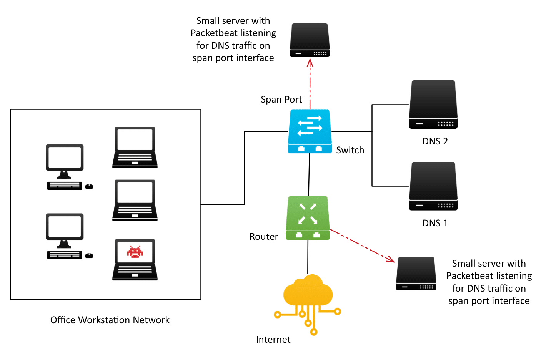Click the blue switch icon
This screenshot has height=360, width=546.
[310, 131]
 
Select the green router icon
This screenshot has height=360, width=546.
[308, 218]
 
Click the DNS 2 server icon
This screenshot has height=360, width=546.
[433, 105]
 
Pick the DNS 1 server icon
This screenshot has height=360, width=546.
[433, 186]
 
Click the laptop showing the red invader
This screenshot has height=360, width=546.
[135, 260]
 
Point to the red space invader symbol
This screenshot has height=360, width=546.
[135, 252]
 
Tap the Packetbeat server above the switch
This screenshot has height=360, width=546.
[310, 40]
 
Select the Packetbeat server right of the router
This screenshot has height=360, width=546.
[416, 274]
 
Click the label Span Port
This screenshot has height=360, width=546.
[281, 100]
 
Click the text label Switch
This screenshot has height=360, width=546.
[350, 150]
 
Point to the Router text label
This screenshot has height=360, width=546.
[264, 237]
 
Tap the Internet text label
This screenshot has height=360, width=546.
[273, 340]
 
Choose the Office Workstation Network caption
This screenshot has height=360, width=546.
[110, 320]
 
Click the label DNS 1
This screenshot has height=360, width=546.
[435, 223]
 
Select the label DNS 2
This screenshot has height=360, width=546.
[435, 141]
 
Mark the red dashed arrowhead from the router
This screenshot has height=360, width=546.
[391, 260]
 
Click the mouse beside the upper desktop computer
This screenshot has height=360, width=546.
[89, 186]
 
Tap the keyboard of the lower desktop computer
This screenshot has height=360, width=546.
[65, 255]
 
